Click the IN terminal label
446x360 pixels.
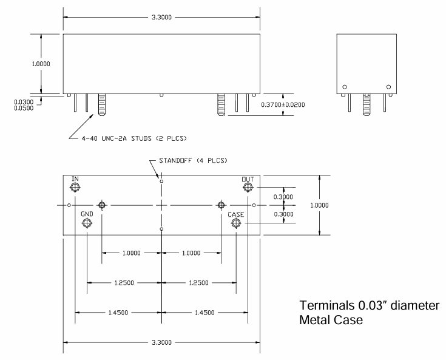[75, 178]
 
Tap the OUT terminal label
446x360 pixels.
[247, 179]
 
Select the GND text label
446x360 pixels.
[87, 214]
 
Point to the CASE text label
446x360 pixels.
[236, 214]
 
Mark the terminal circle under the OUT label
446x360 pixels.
[247, 188]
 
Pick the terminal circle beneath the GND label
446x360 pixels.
[87, 224]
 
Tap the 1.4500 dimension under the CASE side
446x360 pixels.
[204, 313]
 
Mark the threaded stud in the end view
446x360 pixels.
[367, 103]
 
